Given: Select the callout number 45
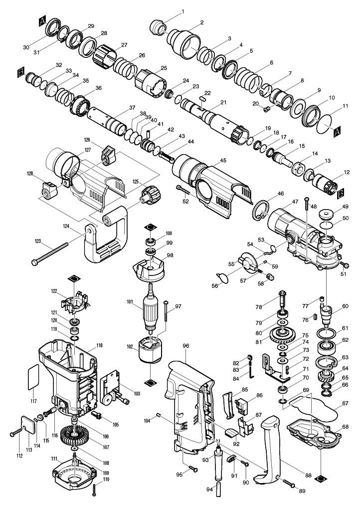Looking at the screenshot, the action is pyautogui.click(x=223, y=160).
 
